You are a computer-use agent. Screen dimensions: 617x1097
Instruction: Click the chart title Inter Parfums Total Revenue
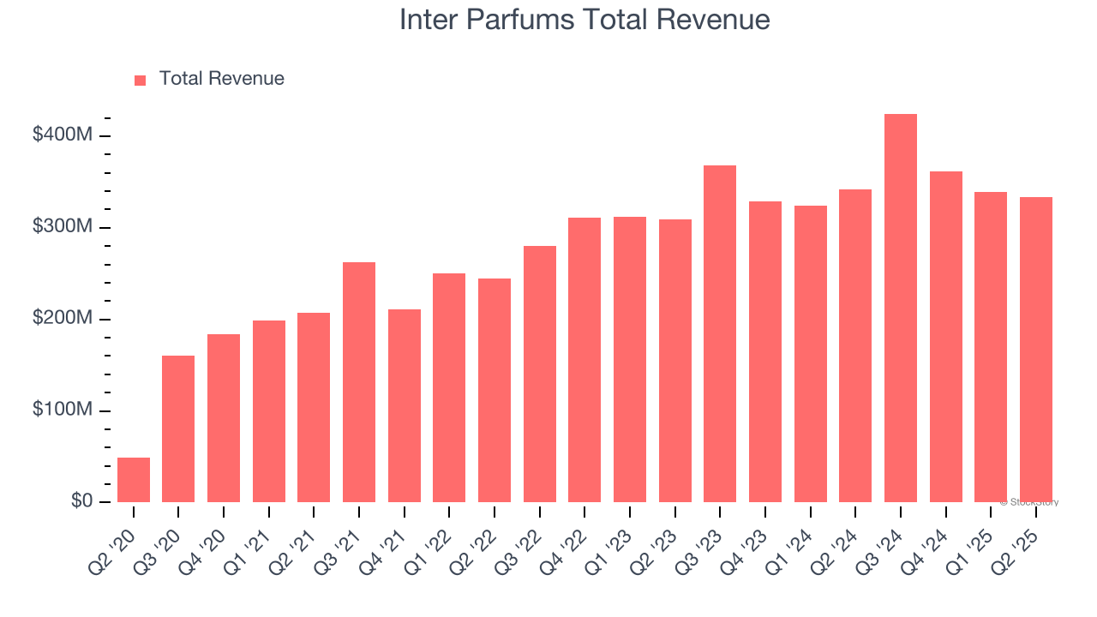[584, 20]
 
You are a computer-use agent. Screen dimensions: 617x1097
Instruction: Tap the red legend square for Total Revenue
[141, 80]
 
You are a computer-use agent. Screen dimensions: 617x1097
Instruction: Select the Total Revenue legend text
[221, 79]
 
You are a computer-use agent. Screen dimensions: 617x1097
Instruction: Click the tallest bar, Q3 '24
[901, 308]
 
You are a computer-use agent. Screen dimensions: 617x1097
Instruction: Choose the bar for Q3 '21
[359, 382]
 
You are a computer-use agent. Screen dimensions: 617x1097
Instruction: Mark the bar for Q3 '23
[720, 334]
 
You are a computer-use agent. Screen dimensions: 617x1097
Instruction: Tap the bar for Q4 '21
[405, 405]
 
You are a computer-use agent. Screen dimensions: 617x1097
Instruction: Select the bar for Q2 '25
[1036, 350]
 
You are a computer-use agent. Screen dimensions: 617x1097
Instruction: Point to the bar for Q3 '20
[178, 428]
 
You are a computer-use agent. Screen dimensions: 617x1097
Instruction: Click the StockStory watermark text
[1029, 502]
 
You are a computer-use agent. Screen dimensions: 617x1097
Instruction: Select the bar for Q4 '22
[584, 360]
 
